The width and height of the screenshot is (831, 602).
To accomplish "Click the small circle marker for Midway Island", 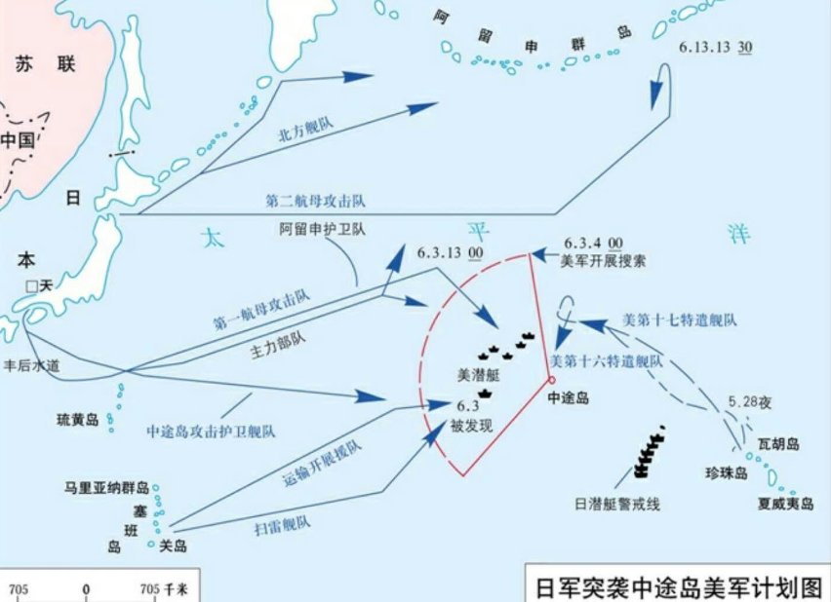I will pyautogui.click(x=551, y=380).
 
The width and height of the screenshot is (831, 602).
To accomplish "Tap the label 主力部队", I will pyautogui.click(x=287, y=344).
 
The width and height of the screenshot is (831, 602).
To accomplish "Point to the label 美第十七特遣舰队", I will pyautogui.click(x=679, y=320).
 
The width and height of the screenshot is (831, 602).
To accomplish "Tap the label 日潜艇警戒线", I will pyautogui.click(x=617, y=504).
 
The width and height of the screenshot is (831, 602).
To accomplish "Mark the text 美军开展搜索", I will pyautogui.click(x=604, y=260).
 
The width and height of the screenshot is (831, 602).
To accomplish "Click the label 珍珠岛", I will pyautogui.click(x=726, y=473).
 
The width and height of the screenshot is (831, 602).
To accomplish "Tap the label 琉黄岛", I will pyautogui.click(x=78, y=421).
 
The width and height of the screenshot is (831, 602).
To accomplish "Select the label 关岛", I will pyautogui.click(x=174, y=546).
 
